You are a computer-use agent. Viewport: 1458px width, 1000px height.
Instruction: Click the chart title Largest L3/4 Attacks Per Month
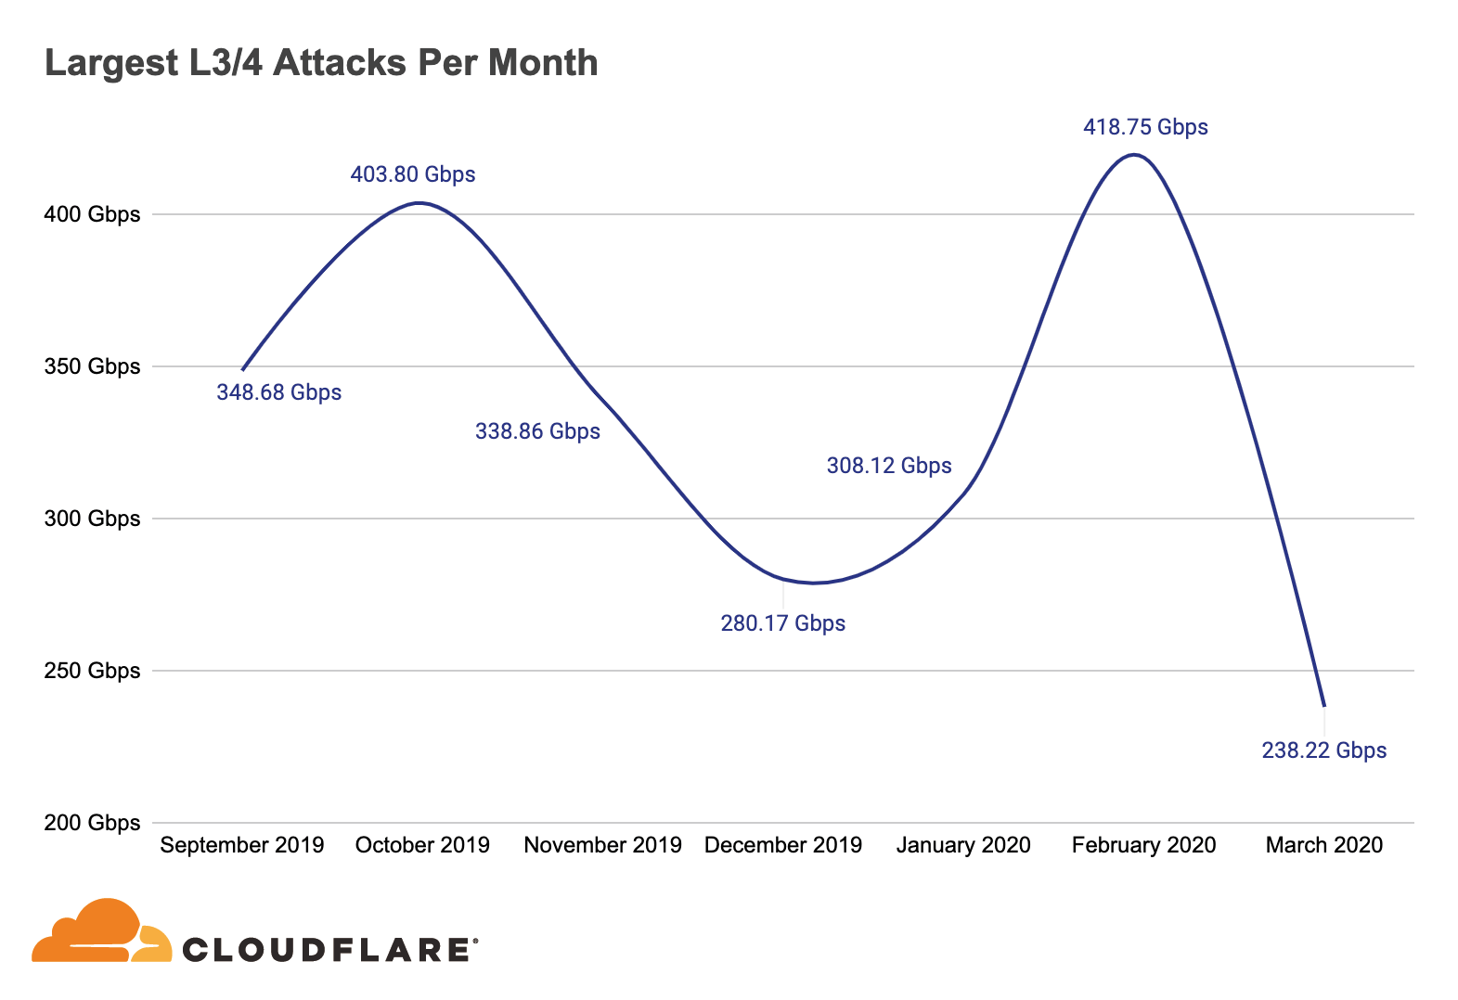[321, 63]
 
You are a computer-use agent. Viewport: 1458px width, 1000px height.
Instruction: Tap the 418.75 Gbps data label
[1145, 127]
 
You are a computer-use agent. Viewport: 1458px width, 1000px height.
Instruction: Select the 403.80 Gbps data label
[413, 174]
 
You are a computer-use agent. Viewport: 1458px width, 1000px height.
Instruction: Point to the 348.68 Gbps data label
[278, 392]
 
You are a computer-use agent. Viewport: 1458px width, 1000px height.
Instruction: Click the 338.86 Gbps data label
[537, 431]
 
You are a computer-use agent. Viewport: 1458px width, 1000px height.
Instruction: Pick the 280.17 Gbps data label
[782, 623]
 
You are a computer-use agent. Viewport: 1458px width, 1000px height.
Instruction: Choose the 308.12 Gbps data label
[889, 466]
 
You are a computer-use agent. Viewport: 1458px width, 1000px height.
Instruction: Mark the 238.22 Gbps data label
[1323, 750]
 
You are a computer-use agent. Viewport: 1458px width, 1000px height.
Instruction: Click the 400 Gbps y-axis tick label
[92, 214]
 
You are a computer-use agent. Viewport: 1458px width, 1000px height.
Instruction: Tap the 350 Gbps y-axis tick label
[92, 366]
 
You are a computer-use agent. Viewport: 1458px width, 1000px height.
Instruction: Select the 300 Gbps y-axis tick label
[92, 519]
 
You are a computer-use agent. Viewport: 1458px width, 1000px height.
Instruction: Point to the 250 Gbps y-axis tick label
[92, 671]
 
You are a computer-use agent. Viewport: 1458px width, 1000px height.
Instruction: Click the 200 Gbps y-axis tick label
[92, 823]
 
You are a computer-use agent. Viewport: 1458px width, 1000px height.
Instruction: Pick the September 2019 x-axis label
[242, 845]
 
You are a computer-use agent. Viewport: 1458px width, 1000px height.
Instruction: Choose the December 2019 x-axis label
[783, 845]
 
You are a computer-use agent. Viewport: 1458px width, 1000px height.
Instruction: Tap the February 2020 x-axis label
[1143, 845]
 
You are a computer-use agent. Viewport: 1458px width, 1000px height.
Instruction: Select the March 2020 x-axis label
[1323, 845]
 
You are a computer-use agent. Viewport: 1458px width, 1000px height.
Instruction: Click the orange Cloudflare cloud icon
[100, 932]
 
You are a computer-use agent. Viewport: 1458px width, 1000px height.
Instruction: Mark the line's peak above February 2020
[1134, 155]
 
